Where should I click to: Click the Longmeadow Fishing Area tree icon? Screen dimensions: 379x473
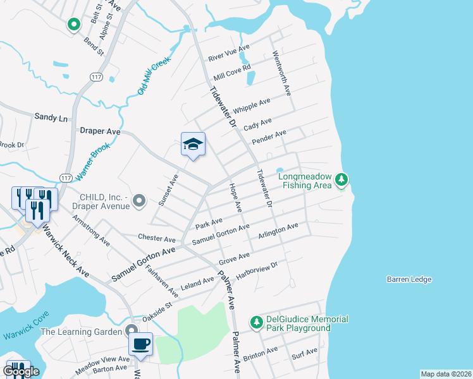tap(341, 181)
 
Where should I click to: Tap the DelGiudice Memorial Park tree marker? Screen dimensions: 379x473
tap(256, 323)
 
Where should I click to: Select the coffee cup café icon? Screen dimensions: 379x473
tap(140, 345)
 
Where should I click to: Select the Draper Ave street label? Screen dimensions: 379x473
tap(100, 131)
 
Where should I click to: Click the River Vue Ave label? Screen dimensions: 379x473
tap(233, 52)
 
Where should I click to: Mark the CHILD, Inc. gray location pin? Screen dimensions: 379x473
tap(140, 202)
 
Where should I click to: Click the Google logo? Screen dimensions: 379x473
tap(21, 371)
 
